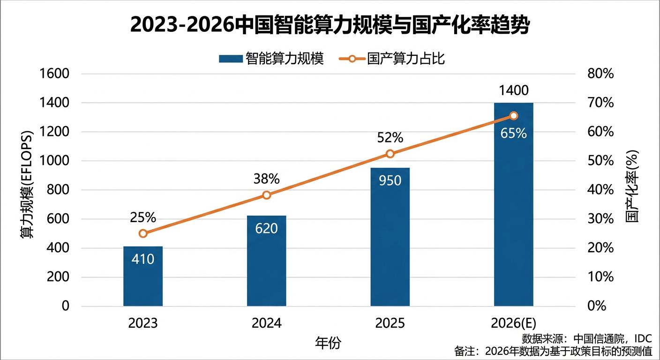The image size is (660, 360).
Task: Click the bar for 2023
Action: click(143, 276)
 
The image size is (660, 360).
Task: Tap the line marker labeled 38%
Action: click(266, 195)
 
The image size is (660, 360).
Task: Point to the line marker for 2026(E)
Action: click(514, 116)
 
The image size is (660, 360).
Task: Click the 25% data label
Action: click(143, 217)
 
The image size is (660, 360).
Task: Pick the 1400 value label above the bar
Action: click(514, 90)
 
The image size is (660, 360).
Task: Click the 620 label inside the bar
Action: click(266, 228)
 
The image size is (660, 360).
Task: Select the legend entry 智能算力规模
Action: click(271, 59)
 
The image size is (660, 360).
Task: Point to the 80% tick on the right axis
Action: click(601, 74)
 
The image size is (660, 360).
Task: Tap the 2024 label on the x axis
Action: click(266, 323)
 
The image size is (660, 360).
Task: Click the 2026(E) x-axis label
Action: click(514, 323)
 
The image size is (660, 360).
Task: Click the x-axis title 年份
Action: click(328, 343)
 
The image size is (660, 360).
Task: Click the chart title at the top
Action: click(330, 25)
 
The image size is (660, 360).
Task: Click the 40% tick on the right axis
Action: click(601, 190)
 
